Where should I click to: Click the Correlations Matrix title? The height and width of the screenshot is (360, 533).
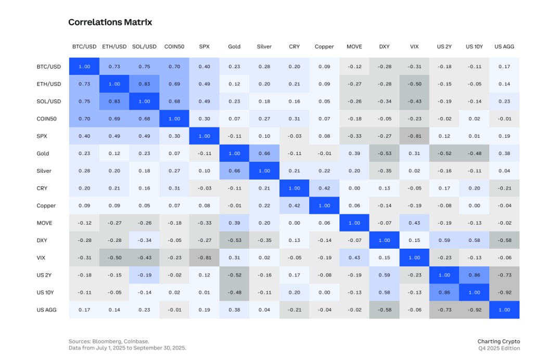tap(110, 22)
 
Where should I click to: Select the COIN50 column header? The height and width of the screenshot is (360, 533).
tap(174, 47)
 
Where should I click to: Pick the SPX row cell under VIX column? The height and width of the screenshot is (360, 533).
tap(414, 136)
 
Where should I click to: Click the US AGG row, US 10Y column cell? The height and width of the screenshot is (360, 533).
tap(474, 310)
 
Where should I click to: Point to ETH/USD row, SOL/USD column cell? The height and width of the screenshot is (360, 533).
tap(144, 84)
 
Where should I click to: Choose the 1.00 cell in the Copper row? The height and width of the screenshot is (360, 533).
tap(324, 205)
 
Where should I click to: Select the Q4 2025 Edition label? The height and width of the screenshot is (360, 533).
tap(499, 348)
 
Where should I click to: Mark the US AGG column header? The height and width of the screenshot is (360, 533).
tap(504, 47)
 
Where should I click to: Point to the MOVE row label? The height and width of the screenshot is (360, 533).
tap(45, 223)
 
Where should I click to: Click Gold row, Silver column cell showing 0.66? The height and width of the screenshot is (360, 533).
tap(264, 153)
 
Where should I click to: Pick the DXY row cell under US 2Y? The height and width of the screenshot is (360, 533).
tap(444, 240)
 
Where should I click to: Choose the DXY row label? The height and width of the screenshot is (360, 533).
tap(43, 240)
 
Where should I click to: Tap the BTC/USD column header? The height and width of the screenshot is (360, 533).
tap(84, 47)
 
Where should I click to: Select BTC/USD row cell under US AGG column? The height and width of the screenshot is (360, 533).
tap(504, 67)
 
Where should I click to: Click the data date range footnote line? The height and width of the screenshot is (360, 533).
tap(127, 348)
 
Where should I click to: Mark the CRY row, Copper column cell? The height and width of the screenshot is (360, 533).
tap(324, 188)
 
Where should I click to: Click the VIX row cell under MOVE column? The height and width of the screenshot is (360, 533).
tap(354, 258)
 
